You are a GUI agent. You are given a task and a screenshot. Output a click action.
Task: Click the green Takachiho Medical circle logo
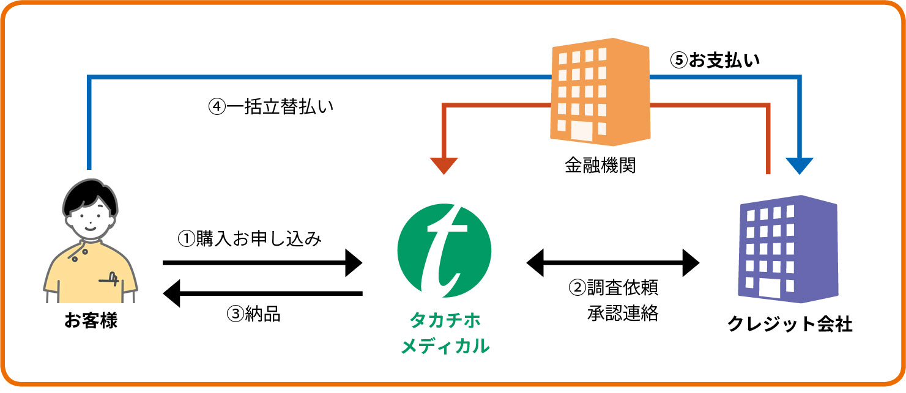[444, 251]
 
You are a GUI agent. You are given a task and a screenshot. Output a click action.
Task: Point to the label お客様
[91, 321]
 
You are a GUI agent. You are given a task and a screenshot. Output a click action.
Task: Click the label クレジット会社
[789, 324]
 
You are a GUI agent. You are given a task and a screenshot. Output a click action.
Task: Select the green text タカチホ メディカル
[445, 333]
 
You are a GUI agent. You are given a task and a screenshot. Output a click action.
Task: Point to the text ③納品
[254, 314]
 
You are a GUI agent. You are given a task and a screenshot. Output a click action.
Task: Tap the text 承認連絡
[623, 314]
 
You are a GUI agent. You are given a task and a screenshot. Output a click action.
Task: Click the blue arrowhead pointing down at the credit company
[800, 166]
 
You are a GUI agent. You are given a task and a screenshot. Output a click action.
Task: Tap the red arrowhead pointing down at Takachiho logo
[444, 166]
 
